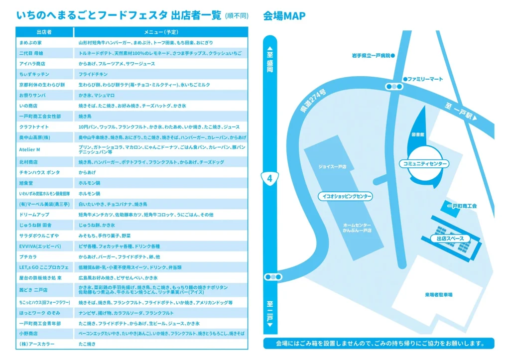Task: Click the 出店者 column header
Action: click(44, 32)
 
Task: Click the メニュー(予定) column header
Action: click(161, 32)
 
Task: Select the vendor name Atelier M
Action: click(29, 149)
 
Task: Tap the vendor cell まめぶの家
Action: click(30, 43)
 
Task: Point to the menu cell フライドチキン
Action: click(93, 74)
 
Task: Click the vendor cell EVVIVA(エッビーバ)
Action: click(40, 246)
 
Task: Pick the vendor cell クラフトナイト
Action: click(34, 127)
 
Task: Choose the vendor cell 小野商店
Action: click(28, 333)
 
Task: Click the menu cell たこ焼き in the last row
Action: click(87, 344)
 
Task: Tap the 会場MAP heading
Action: click(284, 15)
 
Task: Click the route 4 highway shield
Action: click(269, 179)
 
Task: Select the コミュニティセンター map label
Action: click(424, 164)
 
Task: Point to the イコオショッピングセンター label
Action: click(345, 196)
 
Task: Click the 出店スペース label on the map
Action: click(450, 239)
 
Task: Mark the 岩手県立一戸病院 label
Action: click(374, 56)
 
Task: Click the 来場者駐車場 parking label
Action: click(438, 295)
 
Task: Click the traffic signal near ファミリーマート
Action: click(394, 87)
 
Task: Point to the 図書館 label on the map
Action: click(418, 134)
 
